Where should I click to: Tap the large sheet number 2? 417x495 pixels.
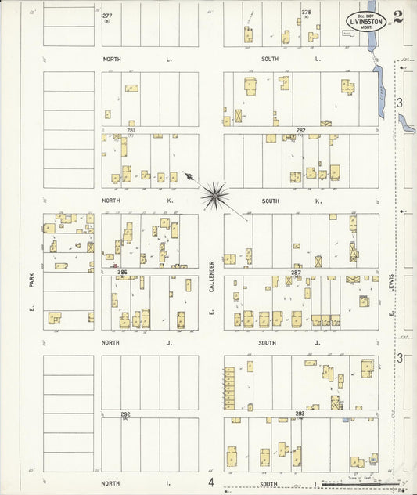399,17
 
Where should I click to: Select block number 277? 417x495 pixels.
107,15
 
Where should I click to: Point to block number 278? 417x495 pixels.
306,13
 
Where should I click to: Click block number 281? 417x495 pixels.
131,130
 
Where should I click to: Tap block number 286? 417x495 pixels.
122,272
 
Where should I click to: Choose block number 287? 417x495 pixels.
296,273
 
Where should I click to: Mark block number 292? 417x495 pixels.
125,414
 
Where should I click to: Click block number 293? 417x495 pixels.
300,414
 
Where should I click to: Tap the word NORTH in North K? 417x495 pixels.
112,201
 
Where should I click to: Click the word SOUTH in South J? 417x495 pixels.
271,342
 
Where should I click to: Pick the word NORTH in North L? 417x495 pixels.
112,59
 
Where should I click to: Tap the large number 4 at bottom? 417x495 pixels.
210,482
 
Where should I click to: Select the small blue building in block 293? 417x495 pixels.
346,421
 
